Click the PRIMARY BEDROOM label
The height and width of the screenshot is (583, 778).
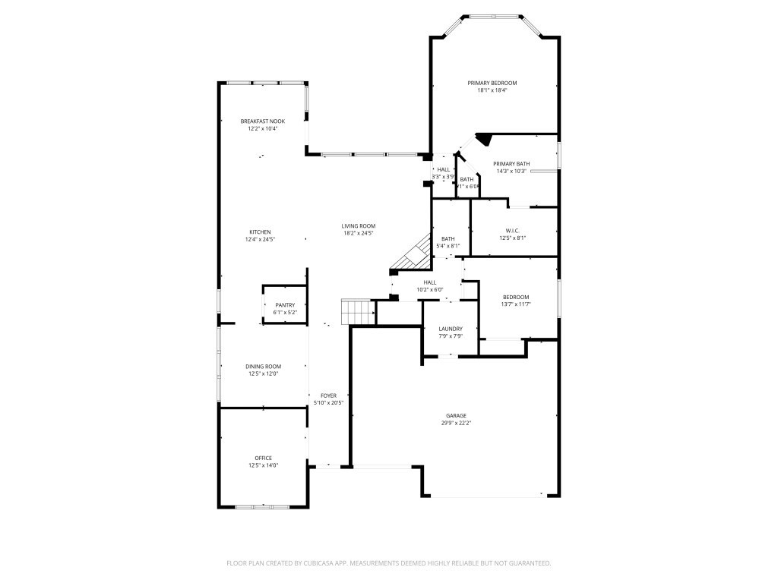[x=492, y=83]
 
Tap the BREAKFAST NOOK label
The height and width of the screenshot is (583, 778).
[x=263, y=121]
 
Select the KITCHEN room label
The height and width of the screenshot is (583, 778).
[x=260, y=232]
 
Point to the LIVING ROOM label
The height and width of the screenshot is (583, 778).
[x=359, y=226]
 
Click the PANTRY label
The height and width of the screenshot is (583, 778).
[x=285, y=305]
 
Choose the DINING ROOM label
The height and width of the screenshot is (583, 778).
[x=263, y=367]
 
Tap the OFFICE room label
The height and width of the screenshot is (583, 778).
[x=263, y=459]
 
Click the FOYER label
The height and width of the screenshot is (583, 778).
[x=328, y=395]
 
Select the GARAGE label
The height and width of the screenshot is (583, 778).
[x=456, y=416]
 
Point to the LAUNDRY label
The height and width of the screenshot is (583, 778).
[x=451, y=329]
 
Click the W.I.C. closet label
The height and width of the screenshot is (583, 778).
[x=512, y=231]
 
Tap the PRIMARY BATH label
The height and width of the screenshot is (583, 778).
[x=511, y=164]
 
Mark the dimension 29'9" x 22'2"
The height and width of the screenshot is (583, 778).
[x=456, y=424]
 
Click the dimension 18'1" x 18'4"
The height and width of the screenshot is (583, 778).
[x=492, y=90]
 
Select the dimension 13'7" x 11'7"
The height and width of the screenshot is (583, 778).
[x=516, y=304]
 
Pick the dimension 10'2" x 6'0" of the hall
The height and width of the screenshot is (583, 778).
[x=429, y=289]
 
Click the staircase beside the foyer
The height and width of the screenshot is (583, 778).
[x=359, y=311]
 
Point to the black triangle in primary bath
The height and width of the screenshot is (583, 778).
[x=482, y=138]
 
